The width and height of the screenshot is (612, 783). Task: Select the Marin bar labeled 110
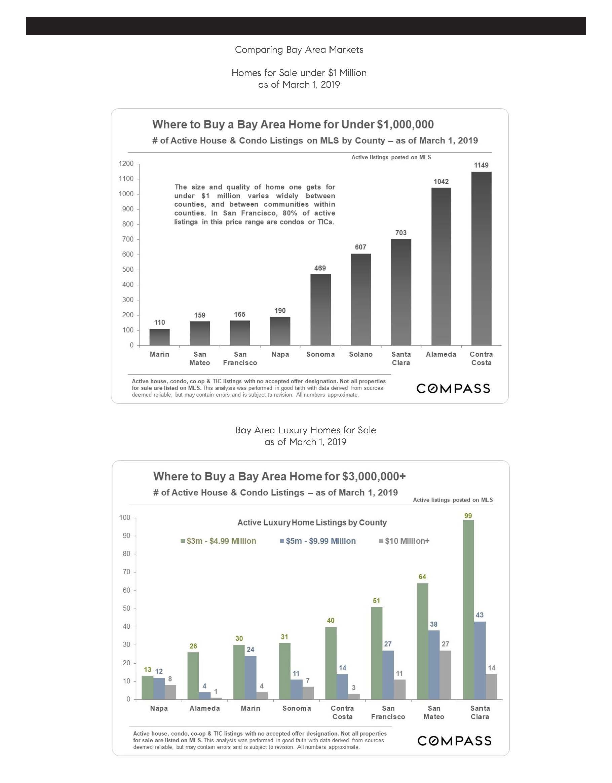pos(159,337)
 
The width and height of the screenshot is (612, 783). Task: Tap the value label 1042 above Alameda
pos(441,182)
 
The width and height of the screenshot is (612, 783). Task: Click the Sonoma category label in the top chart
pos(320,354)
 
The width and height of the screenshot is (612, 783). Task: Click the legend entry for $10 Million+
pos(404,541)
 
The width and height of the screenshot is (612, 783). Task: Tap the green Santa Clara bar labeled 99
pos(468,610)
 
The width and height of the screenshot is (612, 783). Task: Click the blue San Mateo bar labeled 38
pos(434,665)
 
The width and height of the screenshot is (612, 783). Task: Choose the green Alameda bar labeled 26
pos(193,675)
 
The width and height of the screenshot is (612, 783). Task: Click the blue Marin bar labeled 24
pos(251,677)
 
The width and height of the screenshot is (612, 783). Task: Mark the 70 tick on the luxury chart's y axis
pos(126,572)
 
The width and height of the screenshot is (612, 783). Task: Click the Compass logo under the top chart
pos(453,389)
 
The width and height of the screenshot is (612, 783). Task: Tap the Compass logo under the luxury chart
pos(454,741)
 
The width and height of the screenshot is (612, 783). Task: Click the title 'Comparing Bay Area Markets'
pos(299,49)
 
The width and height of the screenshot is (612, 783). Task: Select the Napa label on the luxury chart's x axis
pos(159,708)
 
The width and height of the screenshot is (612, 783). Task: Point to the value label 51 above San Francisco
pos(377,600)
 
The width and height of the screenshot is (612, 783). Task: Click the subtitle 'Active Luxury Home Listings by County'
pos(312,523)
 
